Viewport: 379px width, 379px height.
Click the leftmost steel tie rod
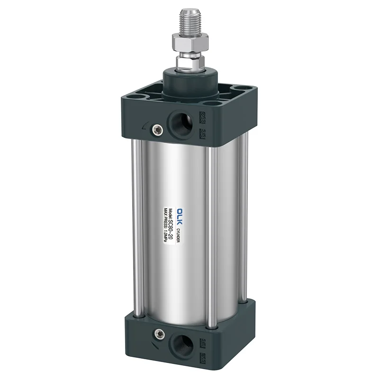click(137, 227)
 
